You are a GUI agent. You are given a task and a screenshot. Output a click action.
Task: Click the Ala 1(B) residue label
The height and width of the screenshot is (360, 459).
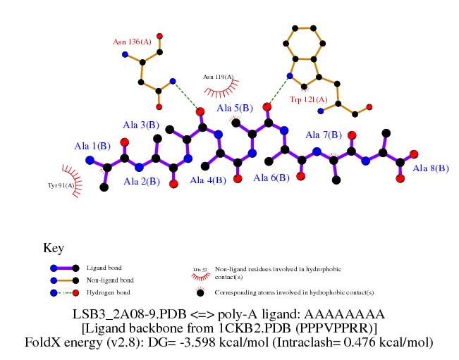tap(92, 146)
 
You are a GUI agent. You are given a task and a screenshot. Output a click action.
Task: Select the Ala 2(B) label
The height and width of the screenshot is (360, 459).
tap(142, 182)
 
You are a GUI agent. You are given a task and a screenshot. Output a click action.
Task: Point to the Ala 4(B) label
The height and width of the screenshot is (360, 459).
tap(208, 180)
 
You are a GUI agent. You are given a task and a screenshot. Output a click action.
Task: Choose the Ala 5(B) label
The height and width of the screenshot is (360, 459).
tap(235, 108)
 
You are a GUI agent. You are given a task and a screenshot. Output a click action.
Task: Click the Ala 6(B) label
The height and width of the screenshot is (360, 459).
tap(271, 178)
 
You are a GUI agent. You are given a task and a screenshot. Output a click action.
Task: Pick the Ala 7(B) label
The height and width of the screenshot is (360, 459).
tap(324, 135)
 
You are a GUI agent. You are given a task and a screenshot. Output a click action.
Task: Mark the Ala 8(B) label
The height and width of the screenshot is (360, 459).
tap(431, 168)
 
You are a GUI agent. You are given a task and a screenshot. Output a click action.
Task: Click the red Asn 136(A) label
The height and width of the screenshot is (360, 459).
tap(132, 42)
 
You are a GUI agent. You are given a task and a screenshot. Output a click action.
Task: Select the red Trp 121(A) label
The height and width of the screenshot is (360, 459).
tap(309, 101)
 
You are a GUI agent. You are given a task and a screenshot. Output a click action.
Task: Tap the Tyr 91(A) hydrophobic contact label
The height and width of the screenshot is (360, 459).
tap(61, 185)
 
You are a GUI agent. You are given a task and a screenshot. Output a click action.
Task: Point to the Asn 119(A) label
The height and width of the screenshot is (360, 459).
tap(218, 76)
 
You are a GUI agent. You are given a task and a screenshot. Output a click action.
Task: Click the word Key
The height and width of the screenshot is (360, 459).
tap(54, 249)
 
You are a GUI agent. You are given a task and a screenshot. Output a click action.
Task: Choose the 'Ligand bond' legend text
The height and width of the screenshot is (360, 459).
tap(102, 268)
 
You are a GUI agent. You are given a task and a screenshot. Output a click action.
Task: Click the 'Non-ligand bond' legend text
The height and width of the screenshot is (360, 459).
tap(109, 280)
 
